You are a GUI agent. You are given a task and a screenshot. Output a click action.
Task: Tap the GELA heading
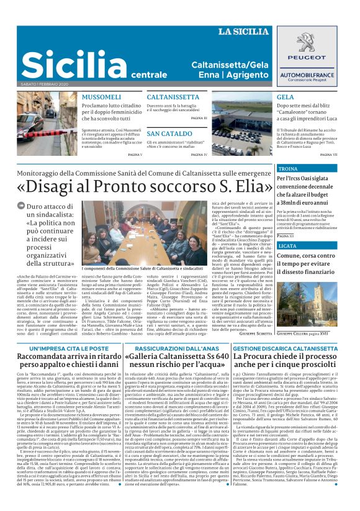click(286, 97)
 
